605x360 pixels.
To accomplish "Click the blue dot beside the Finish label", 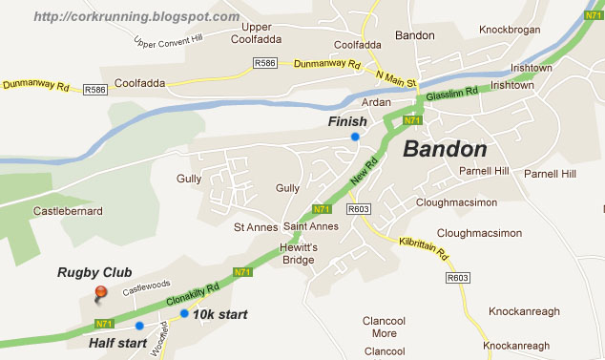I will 355,137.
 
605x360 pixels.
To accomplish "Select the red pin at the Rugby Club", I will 100,292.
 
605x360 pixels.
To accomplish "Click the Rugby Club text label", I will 94,272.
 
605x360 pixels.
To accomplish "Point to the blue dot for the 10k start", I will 184,313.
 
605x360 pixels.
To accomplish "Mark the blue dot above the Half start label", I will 139,326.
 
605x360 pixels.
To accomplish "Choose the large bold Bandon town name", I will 445,149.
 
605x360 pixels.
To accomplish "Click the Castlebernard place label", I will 68,210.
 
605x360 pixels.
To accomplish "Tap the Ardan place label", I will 378,101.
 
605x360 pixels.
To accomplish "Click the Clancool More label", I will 384,328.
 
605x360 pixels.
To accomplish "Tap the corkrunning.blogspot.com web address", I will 136,16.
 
